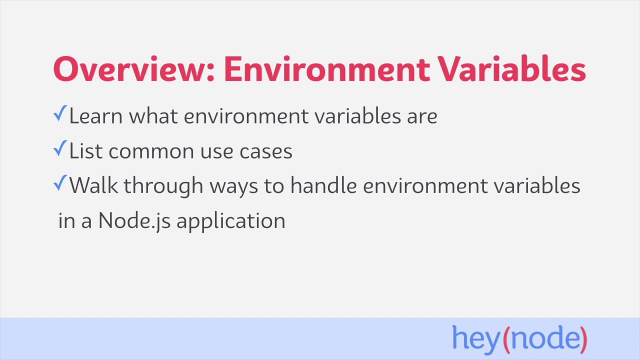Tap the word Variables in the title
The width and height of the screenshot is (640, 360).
tap(512, 69)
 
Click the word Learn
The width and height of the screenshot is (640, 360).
tap(96, 116)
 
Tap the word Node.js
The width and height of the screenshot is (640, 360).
tap(134, 221)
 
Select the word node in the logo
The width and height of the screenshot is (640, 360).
tap(544, 338)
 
